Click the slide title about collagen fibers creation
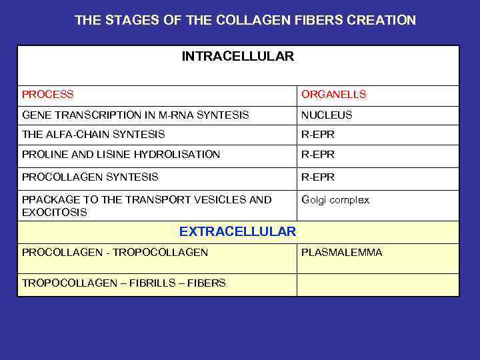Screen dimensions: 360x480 245,20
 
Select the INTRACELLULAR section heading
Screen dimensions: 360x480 237,57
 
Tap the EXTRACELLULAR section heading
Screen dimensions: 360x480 237,232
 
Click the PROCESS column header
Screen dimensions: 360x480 48,95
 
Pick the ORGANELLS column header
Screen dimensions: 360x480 334,95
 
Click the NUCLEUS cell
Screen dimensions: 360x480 327,115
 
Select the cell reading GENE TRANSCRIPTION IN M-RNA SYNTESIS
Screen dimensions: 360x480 135,115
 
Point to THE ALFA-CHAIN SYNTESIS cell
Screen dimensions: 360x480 93,135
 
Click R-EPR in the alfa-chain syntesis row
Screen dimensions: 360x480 318,135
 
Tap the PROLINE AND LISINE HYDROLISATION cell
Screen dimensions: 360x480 121,155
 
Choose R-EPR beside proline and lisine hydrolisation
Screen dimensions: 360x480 318,155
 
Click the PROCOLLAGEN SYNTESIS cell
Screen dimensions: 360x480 90,177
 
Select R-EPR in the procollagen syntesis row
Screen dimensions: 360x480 318,177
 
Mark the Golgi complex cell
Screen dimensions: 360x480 335,200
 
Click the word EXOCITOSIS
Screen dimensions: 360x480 55,213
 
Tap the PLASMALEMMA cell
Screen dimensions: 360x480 342,253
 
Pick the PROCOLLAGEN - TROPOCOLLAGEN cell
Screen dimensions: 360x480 115,253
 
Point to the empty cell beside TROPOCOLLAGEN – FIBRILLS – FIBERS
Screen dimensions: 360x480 377,284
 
